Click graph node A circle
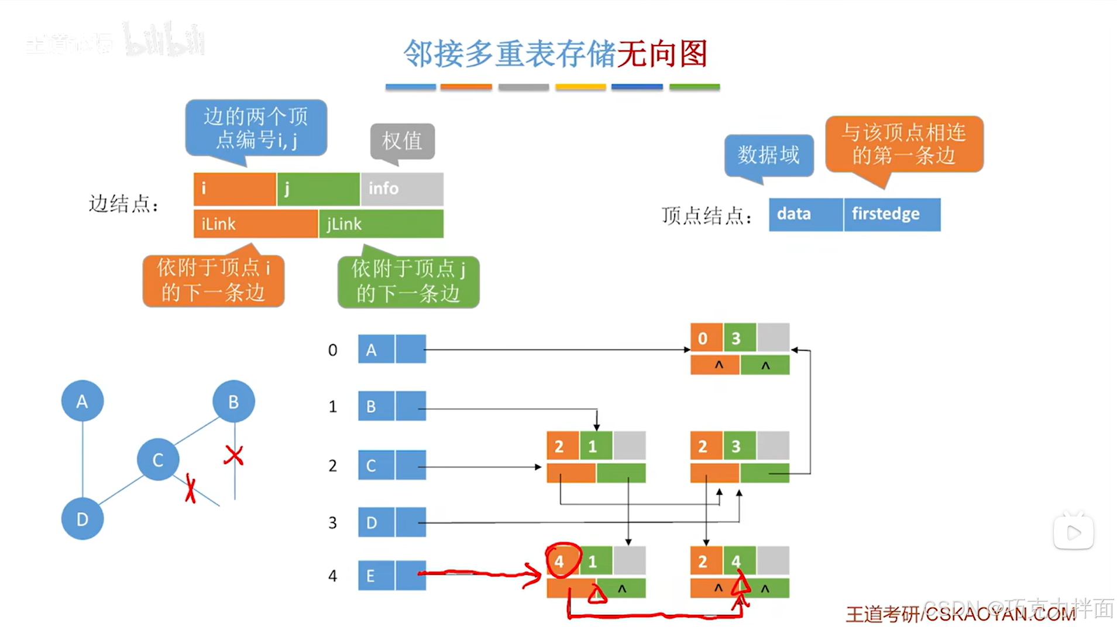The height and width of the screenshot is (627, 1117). (83, 401)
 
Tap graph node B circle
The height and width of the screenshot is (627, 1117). (233, 401)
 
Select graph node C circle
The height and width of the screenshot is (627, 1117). (158, 460)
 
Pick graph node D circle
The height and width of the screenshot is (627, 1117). (83, 519)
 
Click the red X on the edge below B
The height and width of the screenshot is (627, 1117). (233, 455)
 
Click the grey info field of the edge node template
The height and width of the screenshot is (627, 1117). (402, 189)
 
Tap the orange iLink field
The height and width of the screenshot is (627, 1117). (255, 224)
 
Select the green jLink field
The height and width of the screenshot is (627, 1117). (381, 224)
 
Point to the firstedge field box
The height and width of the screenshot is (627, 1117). (892, 214)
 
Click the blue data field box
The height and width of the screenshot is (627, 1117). (805, 214)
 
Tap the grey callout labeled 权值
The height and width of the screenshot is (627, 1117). (402, 141)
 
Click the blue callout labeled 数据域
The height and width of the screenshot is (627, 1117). (768, 155)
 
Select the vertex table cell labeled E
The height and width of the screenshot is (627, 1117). (376, 575)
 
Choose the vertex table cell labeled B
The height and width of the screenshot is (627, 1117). (376, 406)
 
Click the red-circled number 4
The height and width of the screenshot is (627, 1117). (560, 561)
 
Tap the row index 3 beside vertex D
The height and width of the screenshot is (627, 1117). (332, 522)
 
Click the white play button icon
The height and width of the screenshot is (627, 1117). (1073, 533)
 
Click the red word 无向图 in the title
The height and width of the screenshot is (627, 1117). (662, 54)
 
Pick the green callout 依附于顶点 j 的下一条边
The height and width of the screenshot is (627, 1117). (408, 282)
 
